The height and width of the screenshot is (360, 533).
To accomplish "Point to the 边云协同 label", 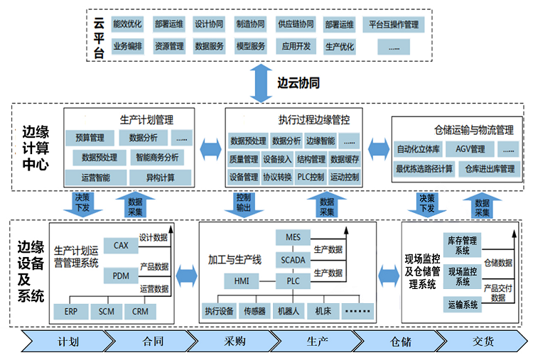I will tap(298, 83).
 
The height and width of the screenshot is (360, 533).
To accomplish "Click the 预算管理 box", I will tap(90, 137).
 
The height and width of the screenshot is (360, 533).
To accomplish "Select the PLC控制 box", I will tap(311, 177).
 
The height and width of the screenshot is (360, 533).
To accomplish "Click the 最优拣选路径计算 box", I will tap(424, 169).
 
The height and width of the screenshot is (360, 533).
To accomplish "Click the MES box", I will tap(294, 237).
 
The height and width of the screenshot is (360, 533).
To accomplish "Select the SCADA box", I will tap(294, 259).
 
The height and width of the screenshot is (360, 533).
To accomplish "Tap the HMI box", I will tap(242, 280).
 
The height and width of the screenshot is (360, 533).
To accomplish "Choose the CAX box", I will tap(120, 245).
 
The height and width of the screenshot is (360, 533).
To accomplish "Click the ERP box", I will tap(71, 311).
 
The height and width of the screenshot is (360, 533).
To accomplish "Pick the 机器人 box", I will tap(289, 311).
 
